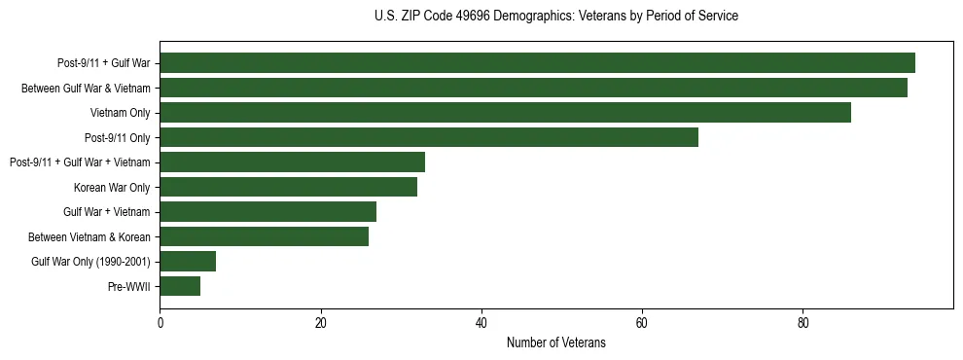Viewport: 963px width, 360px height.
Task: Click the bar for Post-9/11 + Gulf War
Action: [537, 63]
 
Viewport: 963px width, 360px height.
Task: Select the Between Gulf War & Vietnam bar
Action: [533, 88]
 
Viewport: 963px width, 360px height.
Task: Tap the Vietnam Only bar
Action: [505, 113]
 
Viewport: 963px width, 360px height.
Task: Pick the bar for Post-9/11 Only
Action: [429, 137]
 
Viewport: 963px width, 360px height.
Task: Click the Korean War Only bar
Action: [288, 187]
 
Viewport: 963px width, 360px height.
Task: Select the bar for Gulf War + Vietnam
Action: [267, 212]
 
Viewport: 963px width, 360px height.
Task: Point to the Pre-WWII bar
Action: [180, 286]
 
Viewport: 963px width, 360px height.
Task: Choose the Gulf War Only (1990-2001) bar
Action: [188, 262]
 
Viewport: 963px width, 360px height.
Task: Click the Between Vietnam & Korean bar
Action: [264, 236]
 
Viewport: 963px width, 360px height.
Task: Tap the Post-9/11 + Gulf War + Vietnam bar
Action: [292, 162]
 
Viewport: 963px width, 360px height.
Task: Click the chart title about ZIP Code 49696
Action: [555, 17]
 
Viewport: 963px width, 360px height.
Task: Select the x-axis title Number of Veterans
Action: [555, 342]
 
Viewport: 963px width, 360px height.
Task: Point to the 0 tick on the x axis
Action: [160, 322]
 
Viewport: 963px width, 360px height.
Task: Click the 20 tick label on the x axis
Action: [320, 322]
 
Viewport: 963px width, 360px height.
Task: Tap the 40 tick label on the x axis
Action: [481, 322]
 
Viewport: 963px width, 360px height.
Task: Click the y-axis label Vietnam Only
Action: [120, 113]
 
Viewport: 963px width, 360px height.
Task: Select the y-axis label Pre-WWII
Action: [128, 286]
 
